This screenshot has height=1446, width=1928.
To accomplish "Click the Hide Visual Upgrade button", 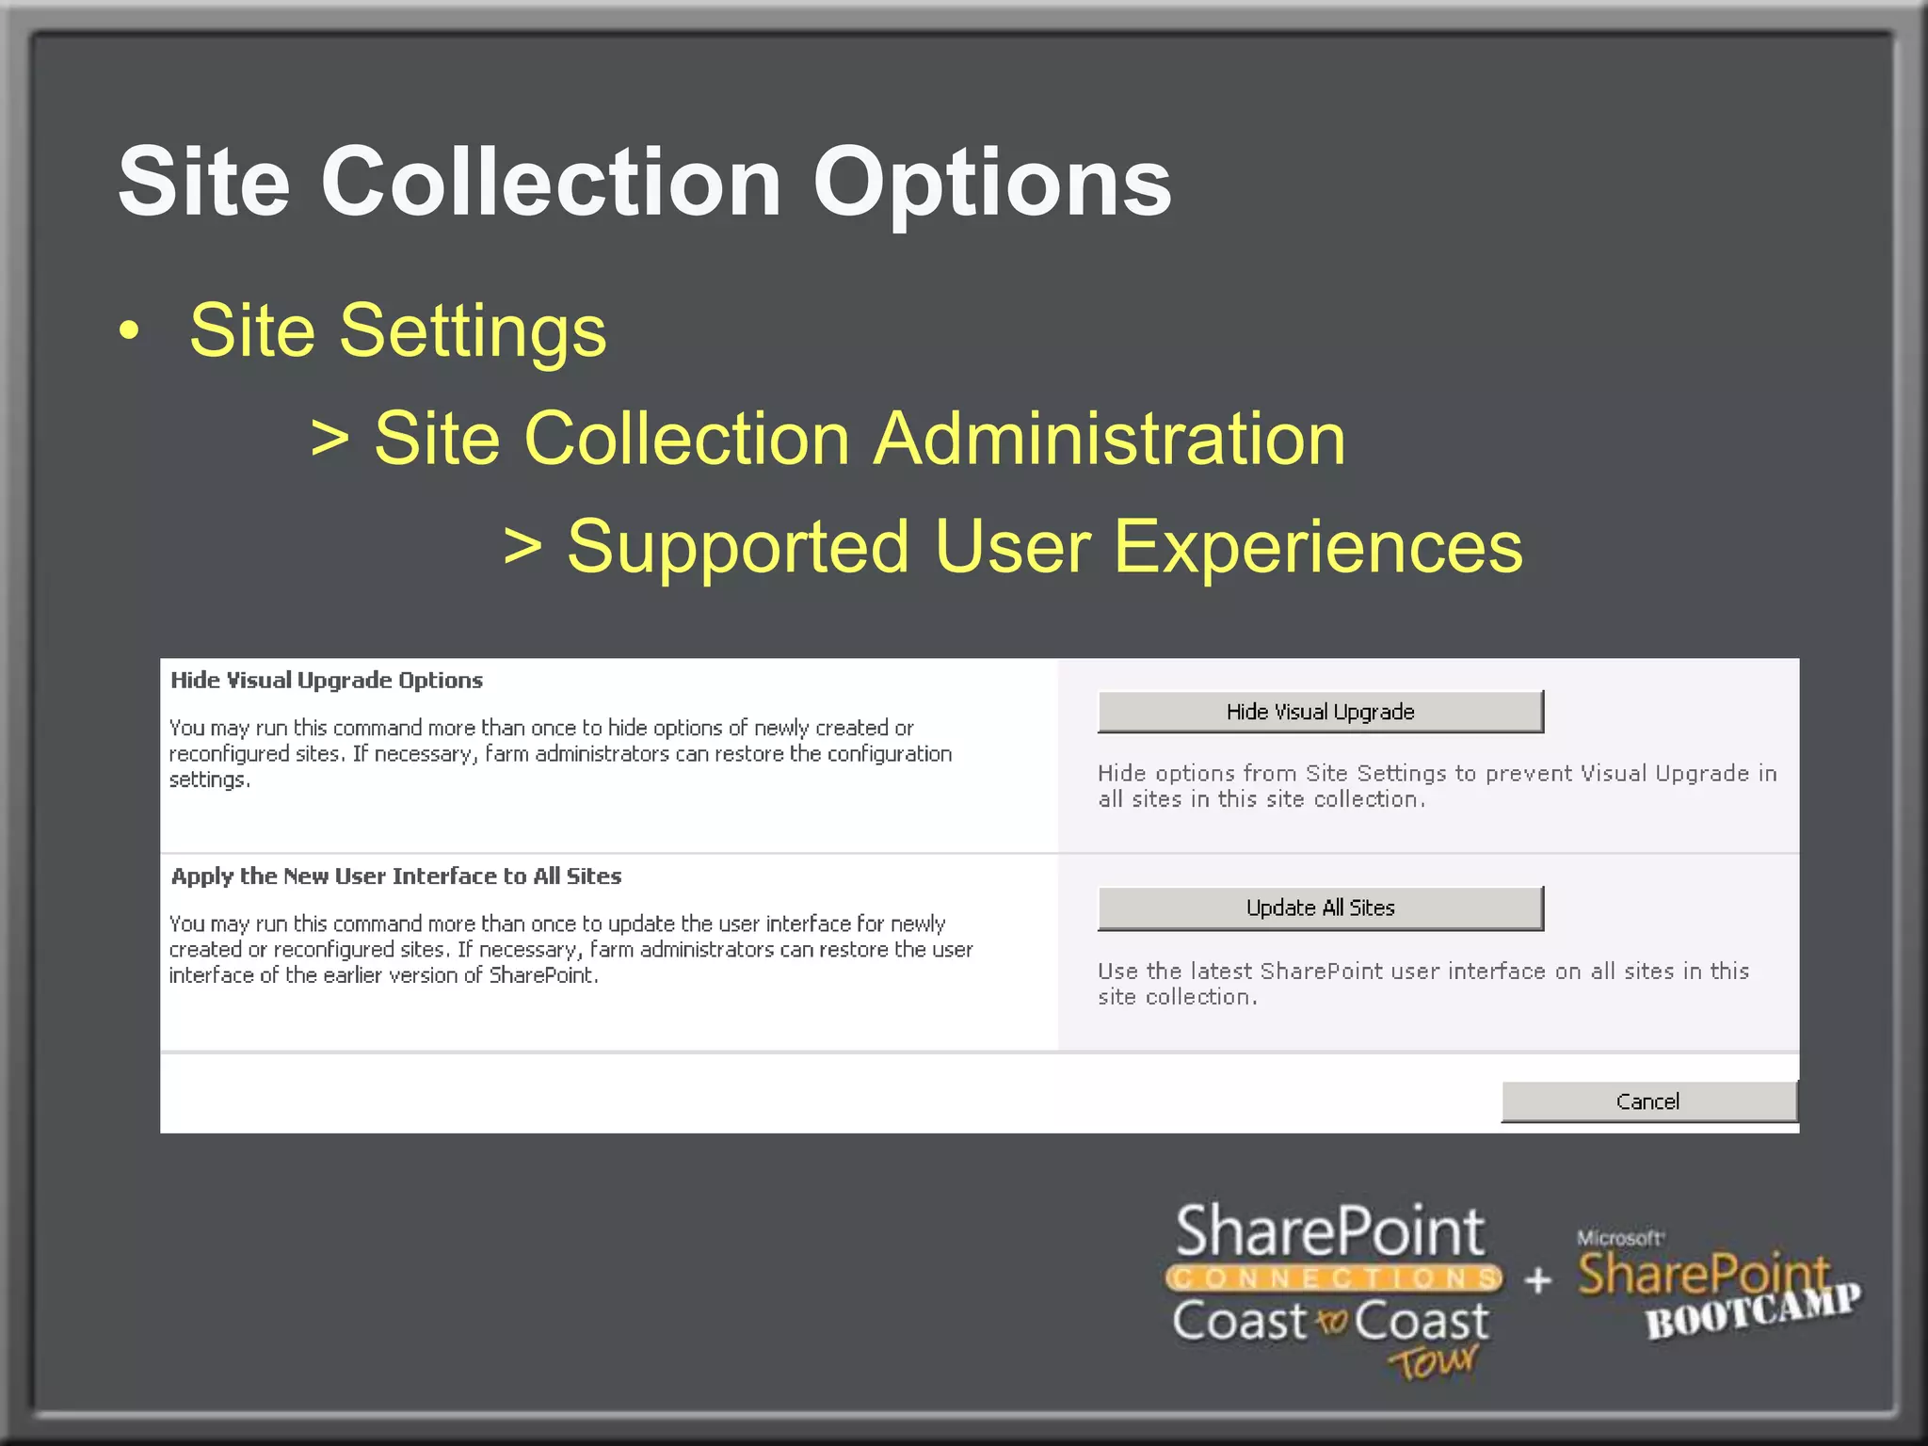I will click(1320, 712).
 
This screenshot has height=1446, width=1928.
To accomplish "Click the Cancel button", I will click(1647, 1101).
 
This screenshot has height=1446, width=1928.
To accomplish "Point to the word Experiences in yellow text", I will click(1318, 547).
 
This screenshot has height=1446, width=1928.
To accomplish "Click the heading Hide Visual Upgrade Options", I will click(327, 681).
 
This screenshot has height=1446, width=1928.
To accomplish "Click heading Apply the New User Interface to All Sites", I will click(396, 876).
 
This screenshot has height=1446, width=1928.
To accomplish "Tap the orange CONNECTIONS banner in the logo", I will click(1333, 1278).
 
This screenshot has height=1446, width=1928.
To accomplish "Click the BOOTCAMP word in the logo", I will click(1753, 1311).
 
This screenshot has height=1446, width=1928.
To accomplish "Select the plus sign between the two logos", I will click(1537, 1280).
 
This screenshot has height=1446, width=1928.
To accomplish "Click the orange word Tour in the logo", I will click(1433, 1361).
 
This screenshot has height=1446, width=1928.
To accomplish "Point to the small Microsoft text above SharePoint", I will click(1619, 1238).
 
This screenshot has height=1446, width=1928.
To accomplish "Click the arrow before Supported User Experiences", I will click(522, 547).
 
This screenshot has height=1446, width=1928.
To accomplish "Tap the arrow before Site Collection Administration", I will click(329, 439).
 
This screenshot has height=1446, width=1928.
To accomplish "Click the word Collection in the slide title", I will click(551, 184).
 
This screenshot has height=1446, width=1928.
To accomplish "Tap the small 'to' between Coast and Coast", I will click(1331, 1322).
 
